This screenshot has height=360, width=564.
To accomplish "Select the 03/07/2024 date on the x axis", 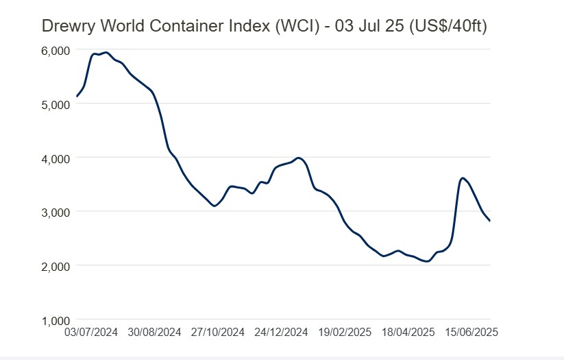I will [x=91, y=332].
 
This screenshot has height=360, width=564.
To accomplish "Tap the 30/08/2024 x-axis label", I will [x=155, y=332].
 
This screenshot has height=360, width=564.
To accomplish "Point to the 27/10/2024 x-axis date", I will [x=219, y=332].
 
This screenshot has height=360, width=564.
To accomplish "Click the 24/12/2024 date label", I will [x=282, y=332].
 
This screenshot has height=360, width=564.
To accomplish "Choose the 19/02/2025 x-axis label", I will [x=345, y=332].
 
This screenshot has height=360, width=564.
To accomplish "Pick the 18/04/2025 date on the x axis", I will [x=408, y=332].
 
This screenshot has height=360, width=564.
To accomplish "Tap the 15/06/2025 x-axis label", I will [x=471, y=332].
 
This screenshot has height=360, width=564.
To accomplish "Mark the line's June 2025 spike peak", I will [x=463, y=178].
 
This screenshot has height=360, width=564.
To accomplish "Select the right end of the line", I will [x=490, y=220].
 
